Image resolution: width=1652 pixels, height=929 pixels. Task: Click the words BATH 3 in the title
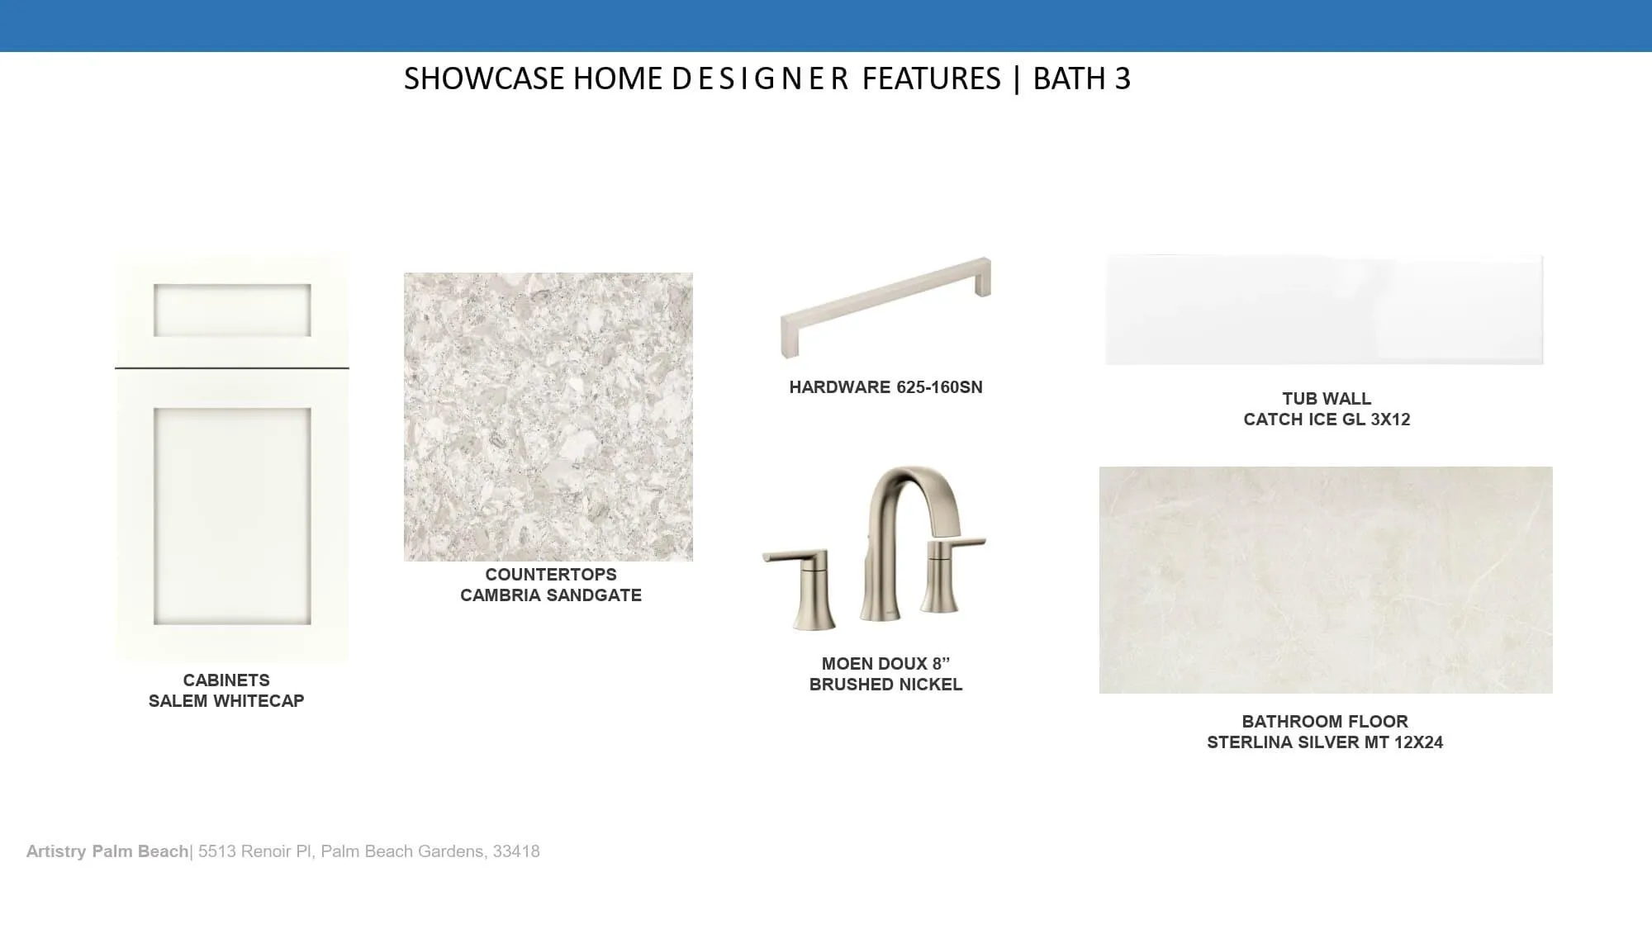coord(1081,78)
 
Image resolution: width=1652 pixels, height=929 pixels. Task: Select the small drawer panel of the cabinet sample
coord(232,310)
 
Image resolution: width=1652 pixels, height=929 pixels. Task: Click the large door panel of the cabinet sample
coord(232,516)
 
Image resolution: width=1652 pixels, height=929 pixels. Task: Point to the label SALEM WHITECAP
coord(226,701)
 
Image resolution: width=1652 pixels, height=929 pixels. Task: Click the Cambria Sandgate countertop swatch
coord(548,417)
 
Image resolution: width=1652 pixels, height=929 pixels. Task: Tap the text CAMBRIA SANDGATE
coord(551,595)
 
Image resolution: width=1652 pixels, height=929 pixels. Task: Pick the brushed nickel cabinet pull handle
coord(885,307)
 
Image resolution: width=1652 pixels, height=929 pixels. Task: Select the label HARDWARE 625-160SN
coord(885,387)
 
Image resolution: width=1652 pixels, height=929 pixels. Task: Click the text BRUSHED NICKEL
coord(885,685)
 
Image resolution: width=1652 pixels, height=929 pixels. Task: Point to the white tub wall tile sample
coord(1324,310)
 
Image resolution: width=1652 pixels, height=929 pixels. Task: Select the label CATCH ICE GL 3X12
coord(1327,419)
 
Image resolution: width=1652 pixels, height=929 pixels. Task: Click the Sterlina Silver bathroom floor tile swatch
coord(1326,580)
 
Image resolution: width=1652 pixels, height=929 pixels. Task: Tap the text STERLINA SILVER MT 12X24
coord(1325,742)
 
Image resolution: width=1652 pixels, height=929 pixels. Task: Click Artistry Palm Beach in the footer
coord(107,851)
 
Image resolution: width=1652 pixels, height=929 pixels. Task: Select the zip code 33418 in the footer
coord(516,851)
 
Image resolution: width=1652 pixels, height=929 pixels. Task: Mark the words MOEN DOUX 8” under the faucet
coord(885,664)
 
